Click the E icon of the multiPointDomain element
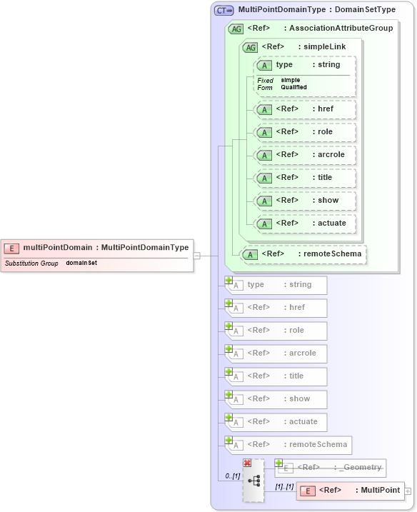tap(12, 248)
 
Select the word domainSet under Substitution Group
tap(81, 263)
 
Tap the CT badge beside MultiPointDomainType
tap(224, 10)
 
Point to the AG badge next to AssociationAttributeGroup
tap(236, 29)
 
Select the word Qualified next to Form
tap(293, 87)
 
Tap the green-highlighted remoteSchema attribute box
tap(304, 254)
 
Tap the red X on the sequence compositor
tap(247, 463)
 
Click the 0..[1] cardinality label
tap(232, 476)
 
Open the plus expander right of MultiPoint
tap(408, 491)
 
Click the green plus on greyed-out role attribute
tap(228, 326)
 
